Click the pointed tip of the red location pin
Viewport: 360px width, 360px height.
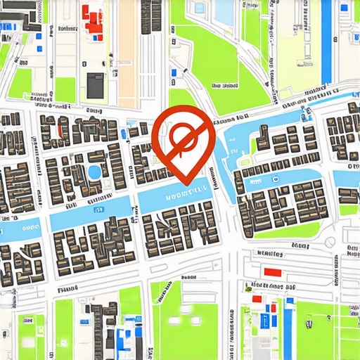185,184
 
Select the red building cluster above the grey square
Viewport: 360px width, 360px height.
91,18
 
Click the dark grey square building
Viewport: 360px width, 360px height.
94,86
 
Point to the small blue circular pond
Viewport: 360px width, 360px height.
94,172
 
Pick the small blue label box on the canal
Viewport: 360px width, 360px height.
98,209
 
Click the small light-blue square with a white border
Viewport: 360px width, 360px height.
199,9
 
